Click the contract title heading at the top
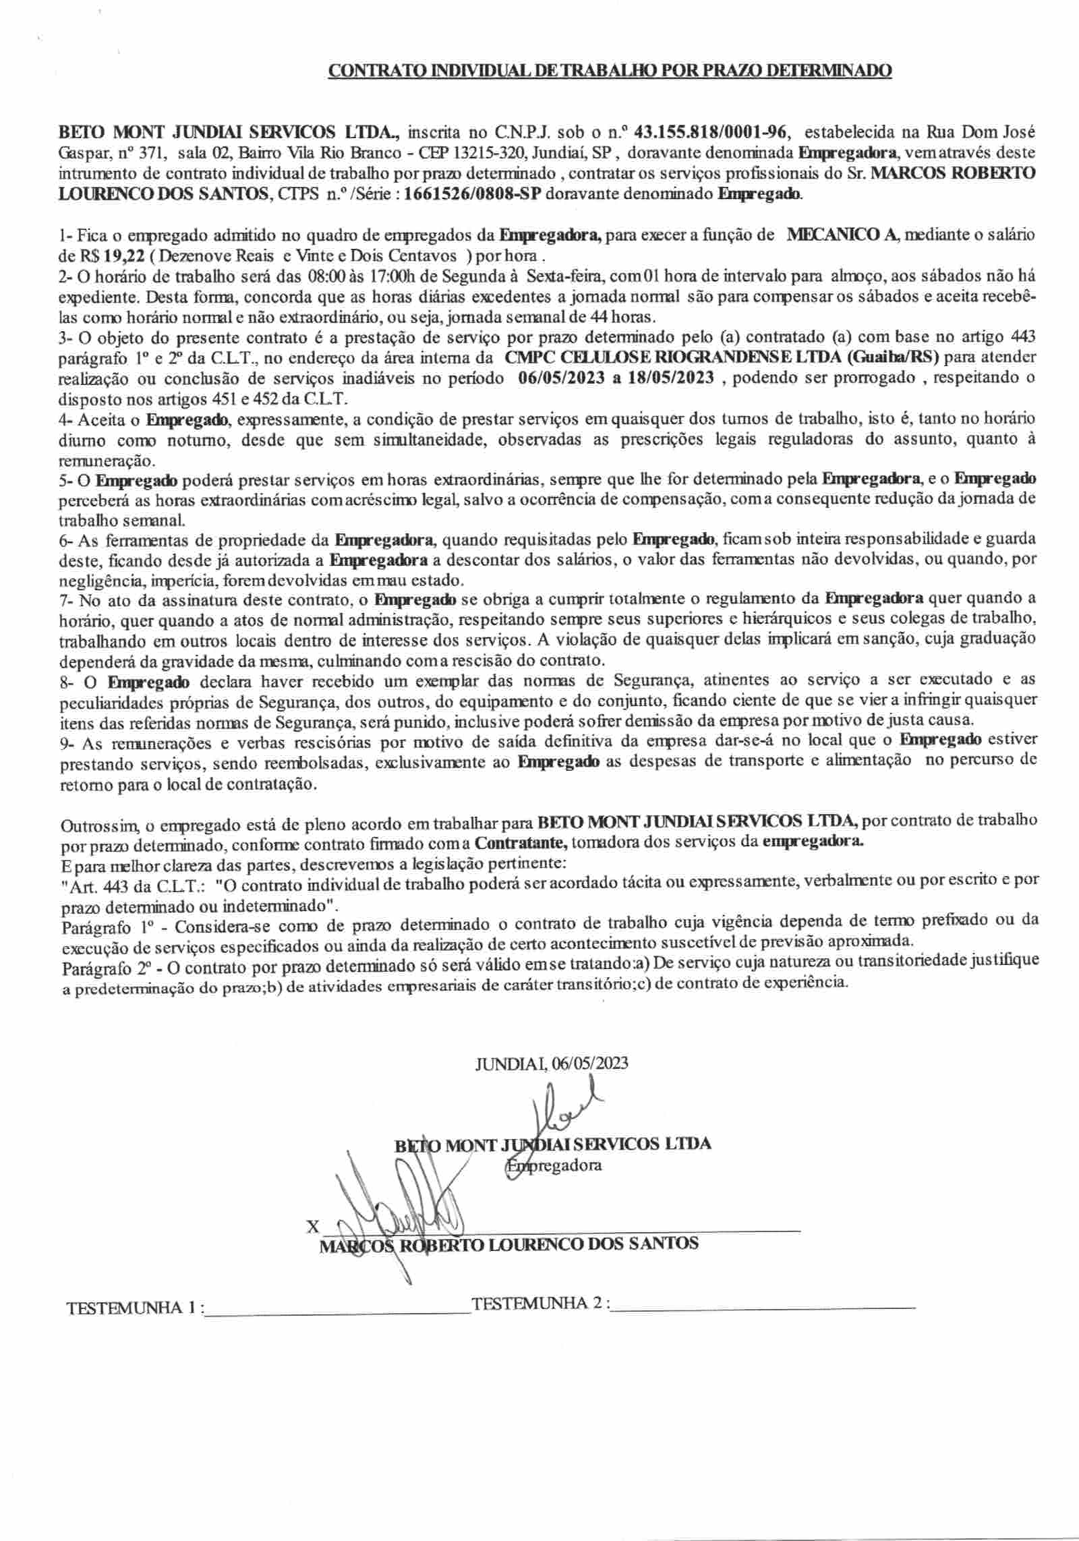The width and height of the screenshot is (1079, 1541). pyautogui.click(x=609, y=71)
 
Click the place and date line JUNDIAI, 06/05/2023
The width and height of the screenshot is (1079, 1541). pyautogui.click(x=552, y=1064)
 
